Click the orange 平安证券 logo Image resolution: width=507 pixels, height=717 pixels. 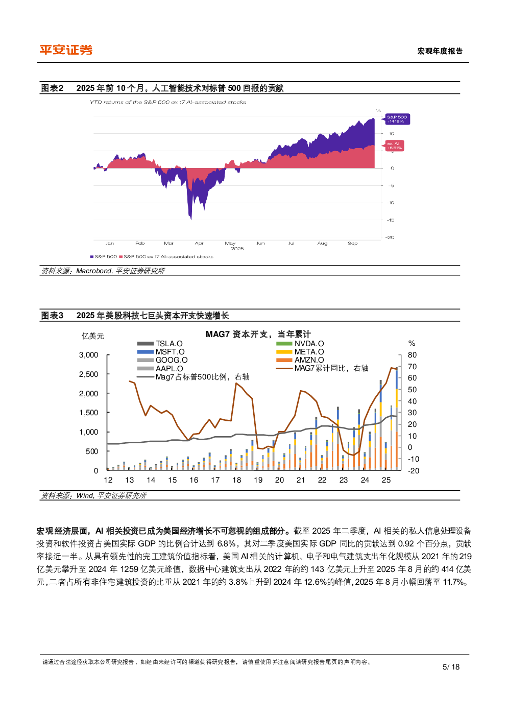(x=66, y=50)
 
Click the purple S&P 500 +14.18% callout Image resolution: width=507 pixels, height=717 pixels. (x=397, y=119)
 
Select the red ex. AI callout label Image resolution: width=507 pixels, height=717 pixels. (x=394, y=146)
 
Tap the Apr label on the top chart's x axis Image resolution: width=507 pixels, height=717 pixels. (x=199, y=244)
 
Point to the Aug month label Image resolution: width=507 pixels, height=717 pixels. (x=322, y=244)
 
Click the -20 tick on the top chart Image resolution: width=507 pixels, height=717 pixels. (x=390, y=237)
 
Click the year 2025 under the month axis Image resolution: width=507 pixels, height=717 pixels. (x=237, y=249)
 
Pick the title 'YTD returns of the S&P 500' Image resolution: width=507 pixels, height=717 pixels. (x=168, y=103)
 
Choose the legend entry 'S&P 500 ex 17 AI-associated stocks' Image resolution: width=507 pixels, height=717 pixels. (x=168, y=256)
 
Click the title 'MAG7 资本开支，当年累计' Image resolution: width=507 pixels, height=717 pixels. (x=258, y=334)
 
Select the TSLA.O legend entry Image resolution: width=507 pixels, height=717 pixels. (x=168, y=344)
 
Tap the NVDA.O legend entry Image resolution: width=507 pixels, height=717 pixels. (x=308, y=344)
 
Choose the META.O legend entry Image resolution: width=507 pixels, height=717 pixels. (x=308, y=352)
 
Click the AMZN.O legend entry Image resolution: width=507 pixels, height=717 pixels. (x=308, y=360)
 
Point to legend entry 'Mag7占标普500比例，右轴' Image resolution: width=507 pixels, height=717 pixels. (x=202, y=377)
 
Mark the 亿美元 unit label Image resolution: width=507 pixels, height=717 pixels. (x=93, y=336)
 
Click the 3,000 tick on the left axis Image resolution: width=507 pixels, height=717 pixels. (x=89, y=355)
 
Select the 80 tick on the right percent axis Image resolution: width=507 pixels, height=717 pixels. (x=412, y=355)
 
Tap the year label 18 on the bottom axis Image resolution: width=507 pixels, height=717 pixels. (x=237, y=480)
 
